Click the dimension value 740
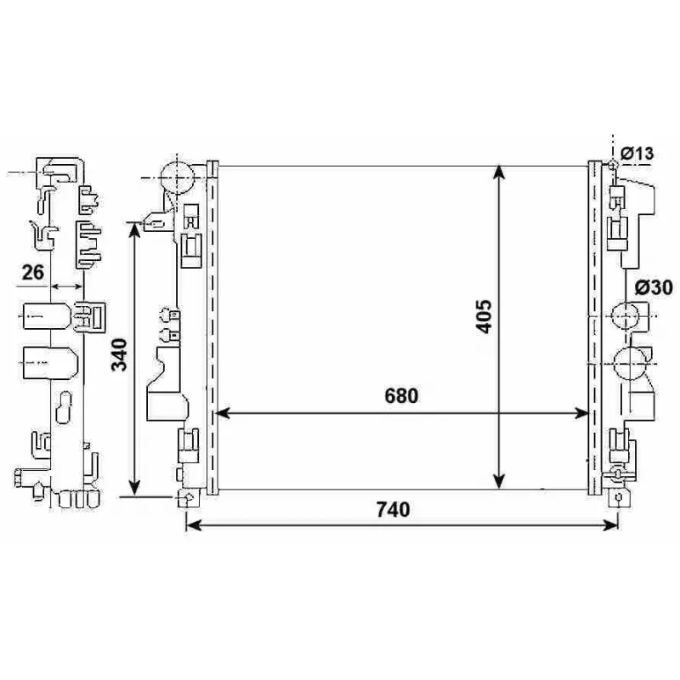click(x=393, y=509)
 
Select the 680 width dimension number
click(x=401, y=396)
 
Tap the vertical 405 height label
click(x=484, y=316)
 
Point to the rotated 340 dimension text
click(x=119, y=355)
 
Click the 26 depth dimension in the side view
click(x=33, y=273)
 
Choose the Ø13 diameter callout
click(x=637, y=154)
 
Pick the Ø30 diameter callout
click(x=654, y=287)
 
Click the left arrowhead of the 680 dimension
click(x=222, y=413)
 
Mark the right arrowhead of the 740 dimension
click(x=610, y=525)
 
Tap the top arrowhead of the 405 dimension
click(x=500, y=172)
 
